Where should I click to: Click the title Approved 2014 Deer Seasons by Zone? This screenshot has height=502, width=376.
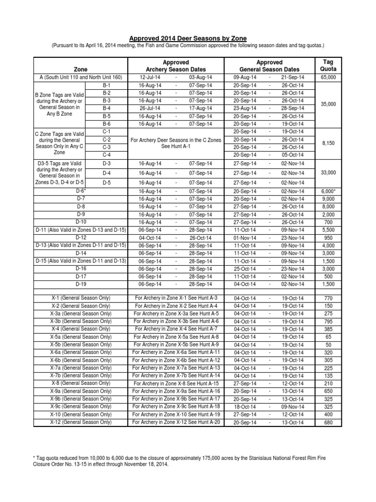tap(188, 38)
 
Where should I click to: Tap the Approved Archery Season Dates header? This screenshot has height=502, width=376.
tap(175, 66)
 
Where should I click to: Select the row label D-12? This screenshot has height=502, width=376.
tap(81, 237)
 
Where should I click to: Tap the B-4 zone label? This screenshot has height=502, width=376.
tap(107, 108)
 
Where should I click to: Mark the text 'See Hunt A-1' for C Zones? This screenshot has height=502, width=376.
tap(175, 147)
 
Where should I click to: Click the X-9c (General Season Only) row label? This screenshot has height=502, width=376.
tap(81, 406)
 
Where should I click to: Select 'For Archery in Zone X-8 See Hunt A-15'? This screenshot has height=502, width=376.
tap(175, 383)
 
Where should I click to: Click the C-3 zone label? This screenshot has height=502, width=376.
tap(107, 147)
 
